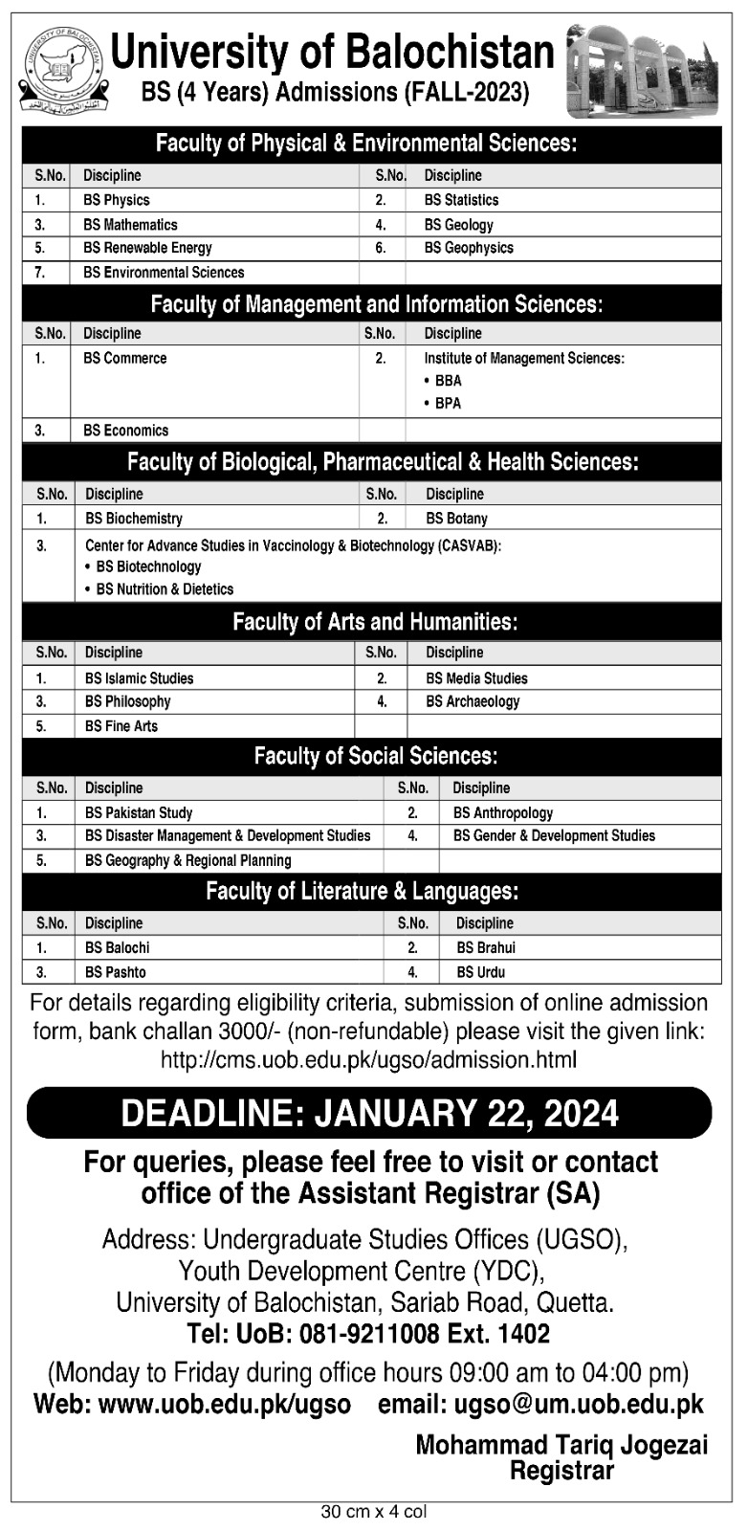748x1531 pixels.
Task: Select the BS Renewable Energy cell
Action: (x=147, y=248)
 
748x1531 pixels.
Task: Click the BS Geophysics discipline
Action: (x=469, y=248)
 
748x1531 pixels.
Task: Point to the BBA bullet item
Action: (x=448, y=380)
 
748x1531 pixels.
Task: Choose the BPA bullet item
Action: (x=448, y=403)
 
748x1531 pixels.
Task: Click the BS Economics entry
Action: (x=126, y=431)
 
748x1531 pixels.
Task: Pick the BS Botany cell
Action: (x=456, y=519)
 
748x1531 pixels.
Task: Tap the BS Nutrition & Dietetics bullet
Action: (x=165, y=589)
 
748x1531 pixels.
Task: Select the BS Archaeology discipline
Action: (x=473, y=701)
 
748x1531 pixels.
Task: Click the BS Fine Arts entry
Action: (x=121, y=726)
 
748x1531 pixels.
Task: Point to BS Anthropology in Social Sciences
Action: (x=503, y=812)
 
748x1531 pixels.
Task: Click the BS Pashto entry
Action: (x=116, y=972)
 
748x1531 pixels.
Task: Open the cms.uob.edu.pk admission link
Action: (x=369, y=1060)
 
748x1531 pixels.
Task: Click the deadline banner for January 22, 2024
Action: (x=369, y=1113)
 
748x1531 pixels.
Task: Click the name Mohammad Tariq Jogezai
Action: (x=561, y=1445)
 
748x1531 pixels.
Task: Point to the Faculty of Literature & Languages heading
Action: (x=362, y=892)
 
